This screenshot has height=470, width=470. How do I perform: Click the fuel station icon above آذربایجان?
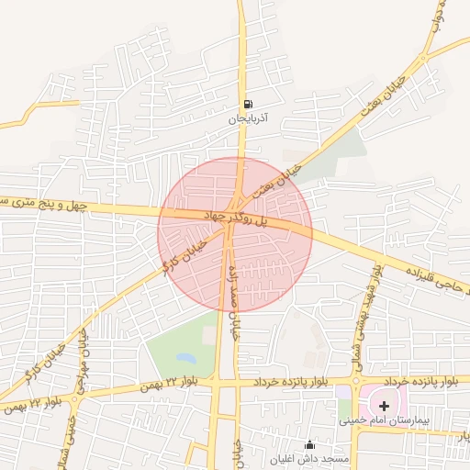[249, 104]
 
